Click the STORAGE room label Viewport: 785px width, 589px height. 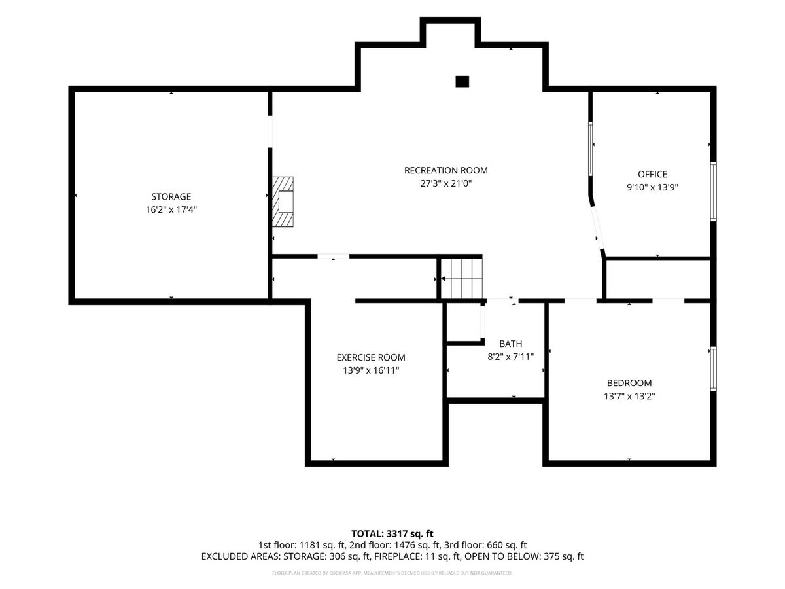coord(171,196)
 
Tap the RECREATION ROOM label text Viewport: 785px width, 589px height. coord(445,170)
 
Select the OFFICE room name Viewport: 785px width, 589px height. coord(652,174)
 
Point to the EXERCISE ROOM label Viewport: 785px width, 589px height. coord(371,357)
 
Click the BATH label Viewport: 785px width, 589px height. coord(510,344)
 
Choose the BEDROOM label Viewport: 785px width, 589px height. coord(629,383)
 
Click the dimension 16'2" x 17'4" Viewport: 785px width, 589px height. coord(171,209)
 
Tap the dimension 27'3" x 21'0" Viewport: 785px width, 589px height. coord(445,183)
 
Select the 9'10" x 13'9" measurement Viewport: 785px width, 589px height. coord(652,187)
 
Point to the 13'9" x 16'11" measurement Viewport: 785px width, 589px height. coord(371,370)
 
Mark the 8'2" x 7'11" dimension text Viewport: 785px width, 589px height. coord(510,357)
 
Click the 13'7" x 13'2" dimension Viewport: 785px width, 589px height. coord(629,396)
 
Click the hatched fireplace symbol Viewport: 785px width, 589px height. coord(283,202)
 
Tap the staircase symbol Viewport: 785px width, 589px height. coord(461,278)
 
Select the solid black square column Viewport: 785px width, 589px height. coord(462,82)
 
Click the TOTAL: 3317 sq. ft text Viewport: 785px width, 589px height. coord(392,534)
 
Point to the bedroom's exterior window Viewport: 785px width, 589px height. coord(713,368)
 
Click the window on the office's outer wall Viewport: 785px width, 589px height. coord(713,191)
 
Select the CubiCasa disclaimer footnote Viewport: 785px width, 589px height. coord(392,573)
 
